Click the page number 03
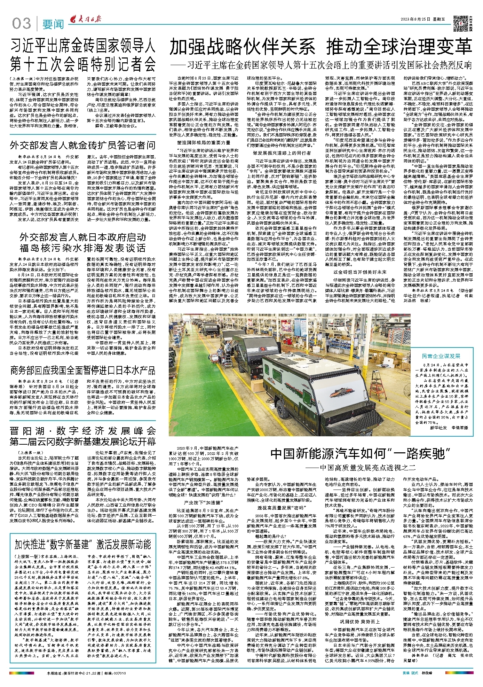pos(22,23)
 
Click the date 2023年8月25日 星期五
pos(422,19)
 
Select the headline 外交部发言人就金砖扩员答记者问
pos(82,145)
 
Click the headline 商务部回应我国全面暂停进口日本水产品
pos(82,370)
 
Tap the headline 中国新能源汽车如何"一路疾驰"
pos(361,454)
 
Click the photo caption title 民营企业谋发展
pos(441,356)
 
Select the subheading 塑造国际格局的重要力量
pos(204,142)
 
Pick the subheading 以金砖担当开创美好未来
pos(360,272)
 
